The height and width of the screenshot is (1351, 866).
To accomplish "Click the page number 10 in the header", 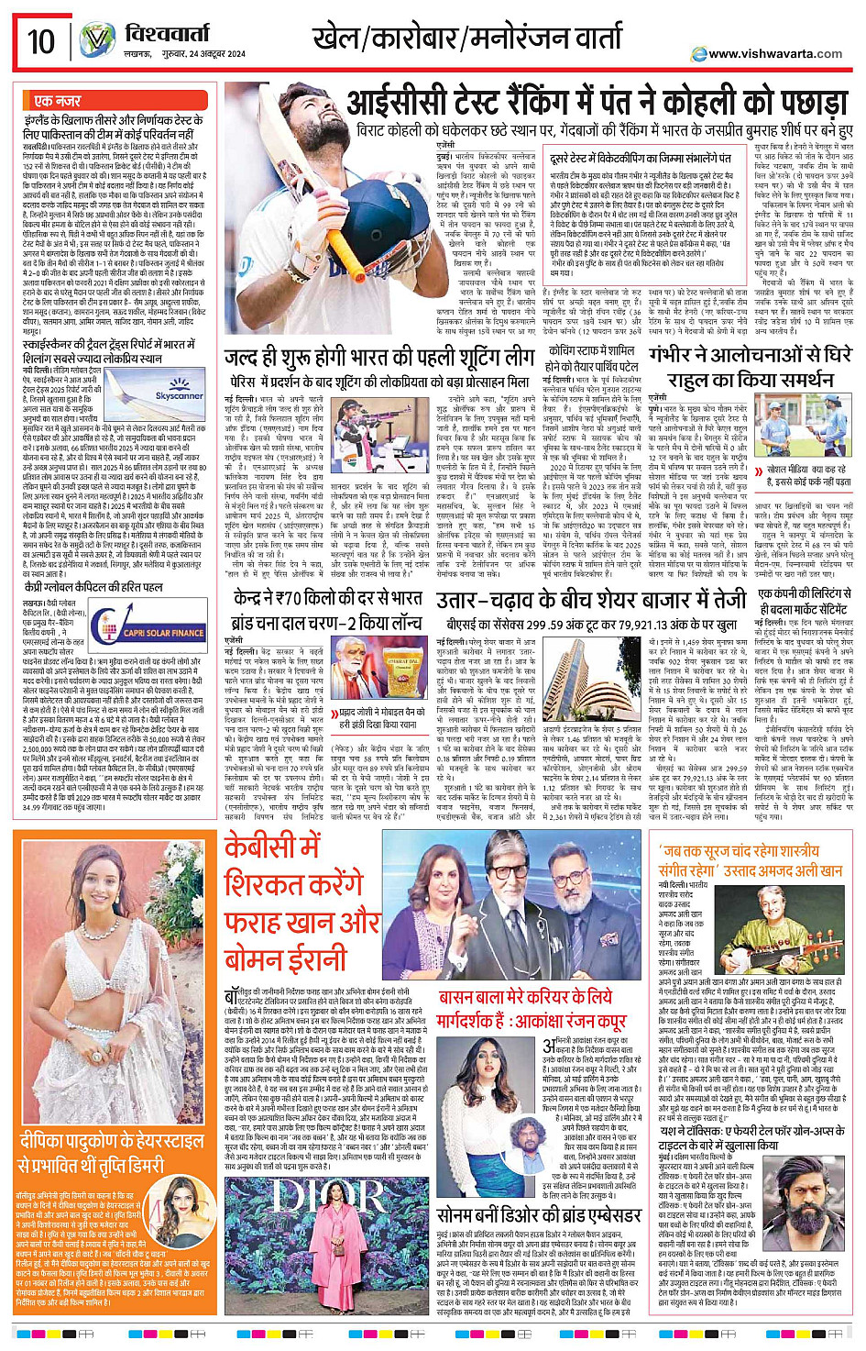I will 41,41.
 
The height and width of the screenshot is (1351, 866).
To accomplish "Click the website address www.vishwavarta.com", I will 774,53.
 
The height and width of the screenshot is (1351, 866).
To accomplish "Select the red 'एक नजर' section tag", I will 57,101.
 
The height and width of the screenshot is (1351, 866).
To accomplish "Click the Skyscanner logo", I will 179,394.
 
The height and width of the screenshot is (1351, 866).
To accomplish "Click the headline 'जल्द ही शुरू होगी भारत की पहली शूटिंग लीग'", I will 378,357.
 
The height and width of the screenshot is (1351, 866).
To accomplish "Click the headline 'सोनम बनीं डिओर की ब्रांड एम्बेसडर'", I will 539,1214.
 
